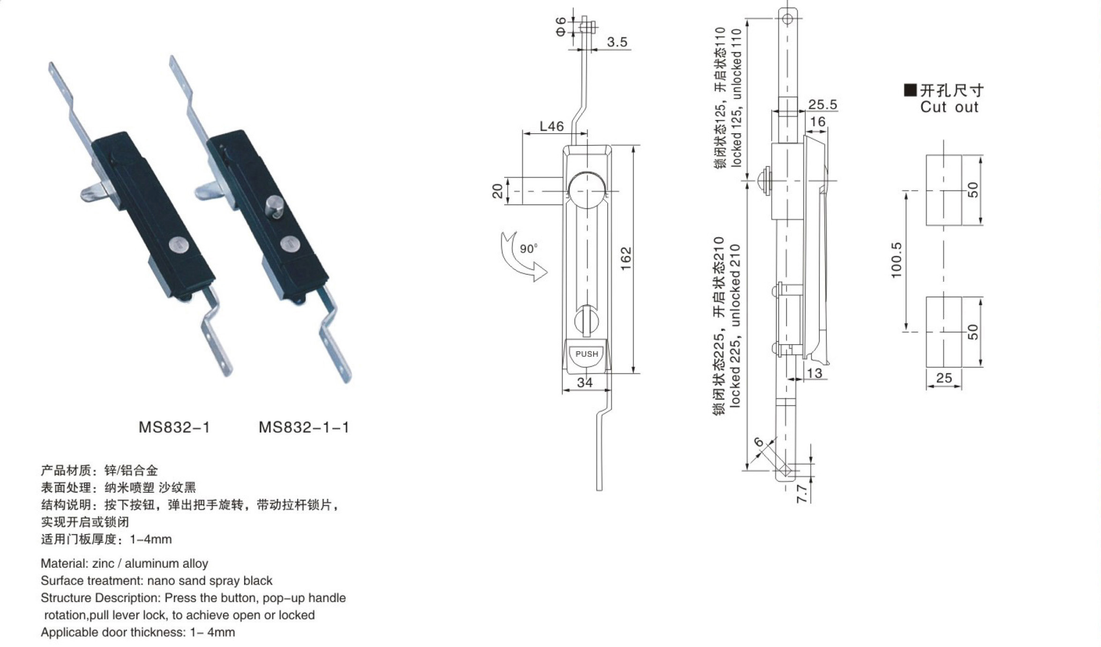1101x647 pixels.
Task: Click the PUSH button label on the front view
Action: coord(587,354)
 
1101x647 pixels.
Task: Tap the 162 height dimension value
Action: coord(626,259)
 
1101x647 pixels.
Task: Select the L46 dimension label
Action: coord(552,126)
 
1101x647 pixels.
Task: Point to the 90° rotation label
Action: coord(528,248)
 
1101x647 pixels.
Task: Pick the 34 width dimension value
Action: coord(585,383)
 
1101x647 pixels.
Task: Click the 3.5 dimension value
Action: coord(617,42)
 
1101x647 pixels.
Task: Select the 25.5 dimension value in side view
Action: coord(823,104)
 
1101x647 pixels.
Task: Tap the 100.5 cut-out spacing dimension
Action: coord(896,260)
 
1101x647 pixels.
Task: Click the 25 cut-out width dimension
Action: coord(944,378)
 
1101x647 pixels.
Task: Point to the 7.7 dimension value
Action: coord(802,494)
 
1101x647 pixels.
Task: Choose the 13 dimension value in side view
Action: coord(815,373)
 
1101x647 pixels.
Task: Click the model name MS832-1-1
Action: coord(304,427)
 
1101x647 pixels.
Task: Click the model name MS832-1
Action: coord(174,427)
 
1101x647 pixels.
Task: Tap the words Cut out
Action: coord(949,107)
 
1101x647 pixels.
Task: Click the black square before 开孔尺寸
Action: coord(910,90)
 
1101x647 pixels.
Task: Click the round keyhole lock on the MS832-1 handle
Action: coord(177,245)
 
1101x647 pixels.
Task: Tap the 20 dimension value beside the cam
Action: coord(498,191)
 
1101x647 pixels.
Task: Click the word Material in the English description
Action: coord(63,563)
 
